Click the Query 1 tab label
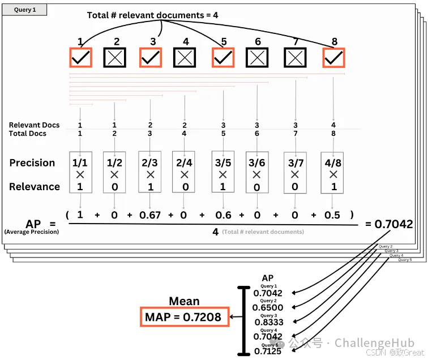click(x=24, y=10)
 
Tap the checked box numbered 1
click(x=80, y=57)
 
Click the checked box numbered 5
click(x=223, y=57)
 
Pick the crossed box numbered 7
click(x=295, y=57)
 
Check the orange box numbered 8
click(x=333, y=57)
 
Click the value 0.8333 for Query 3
click(x=268, y=322)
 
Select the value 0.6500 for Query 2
click(x=268, y=307)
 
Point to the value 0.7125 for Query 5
click(x=268, y=352)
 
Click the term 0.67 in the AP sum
click(x=150, y=215)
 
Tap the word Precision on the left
click(x=32, y=163)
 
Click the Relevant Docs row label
click(x=34, y=125)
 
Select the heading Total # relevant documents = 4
click(x=152, y=15)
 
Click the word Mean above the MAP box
click(x=184, y=302)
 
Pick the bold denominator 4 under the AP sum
click(x=215, y=232)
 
